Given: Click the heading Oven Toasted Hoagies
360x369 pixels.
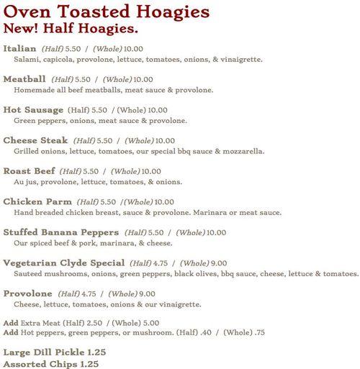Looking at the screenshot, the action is tap(107, 12).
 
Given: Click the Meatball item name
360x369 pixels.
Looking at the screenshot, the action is tap(25, 78).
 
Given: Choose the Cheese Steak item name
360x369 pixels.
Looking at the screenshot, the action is tap(35, 140).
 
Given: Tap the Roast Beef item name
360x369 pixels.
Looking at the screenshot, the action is tap(28, 171).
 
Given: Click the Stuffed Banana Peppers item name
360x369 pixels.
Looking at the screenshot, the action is tap(60, 232).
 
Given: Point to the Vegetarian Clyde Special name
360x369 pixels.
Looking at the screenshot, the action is tap(63, 263).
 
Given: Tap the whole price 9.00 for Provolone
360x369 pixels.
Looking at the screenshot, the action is tap(147, 293).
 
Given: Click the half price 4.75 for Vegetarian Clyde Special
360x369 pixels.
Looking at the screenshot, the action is tap(163, 263).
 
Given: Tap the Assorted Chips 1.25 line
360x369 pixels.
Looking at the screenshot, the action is tap(50, 364).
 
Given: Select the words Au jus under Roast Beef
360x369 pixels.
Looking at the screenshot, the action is tap(24, 182).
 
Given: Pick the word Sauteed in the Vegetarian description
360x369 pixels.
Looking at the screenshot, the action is tap(30, 274).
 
